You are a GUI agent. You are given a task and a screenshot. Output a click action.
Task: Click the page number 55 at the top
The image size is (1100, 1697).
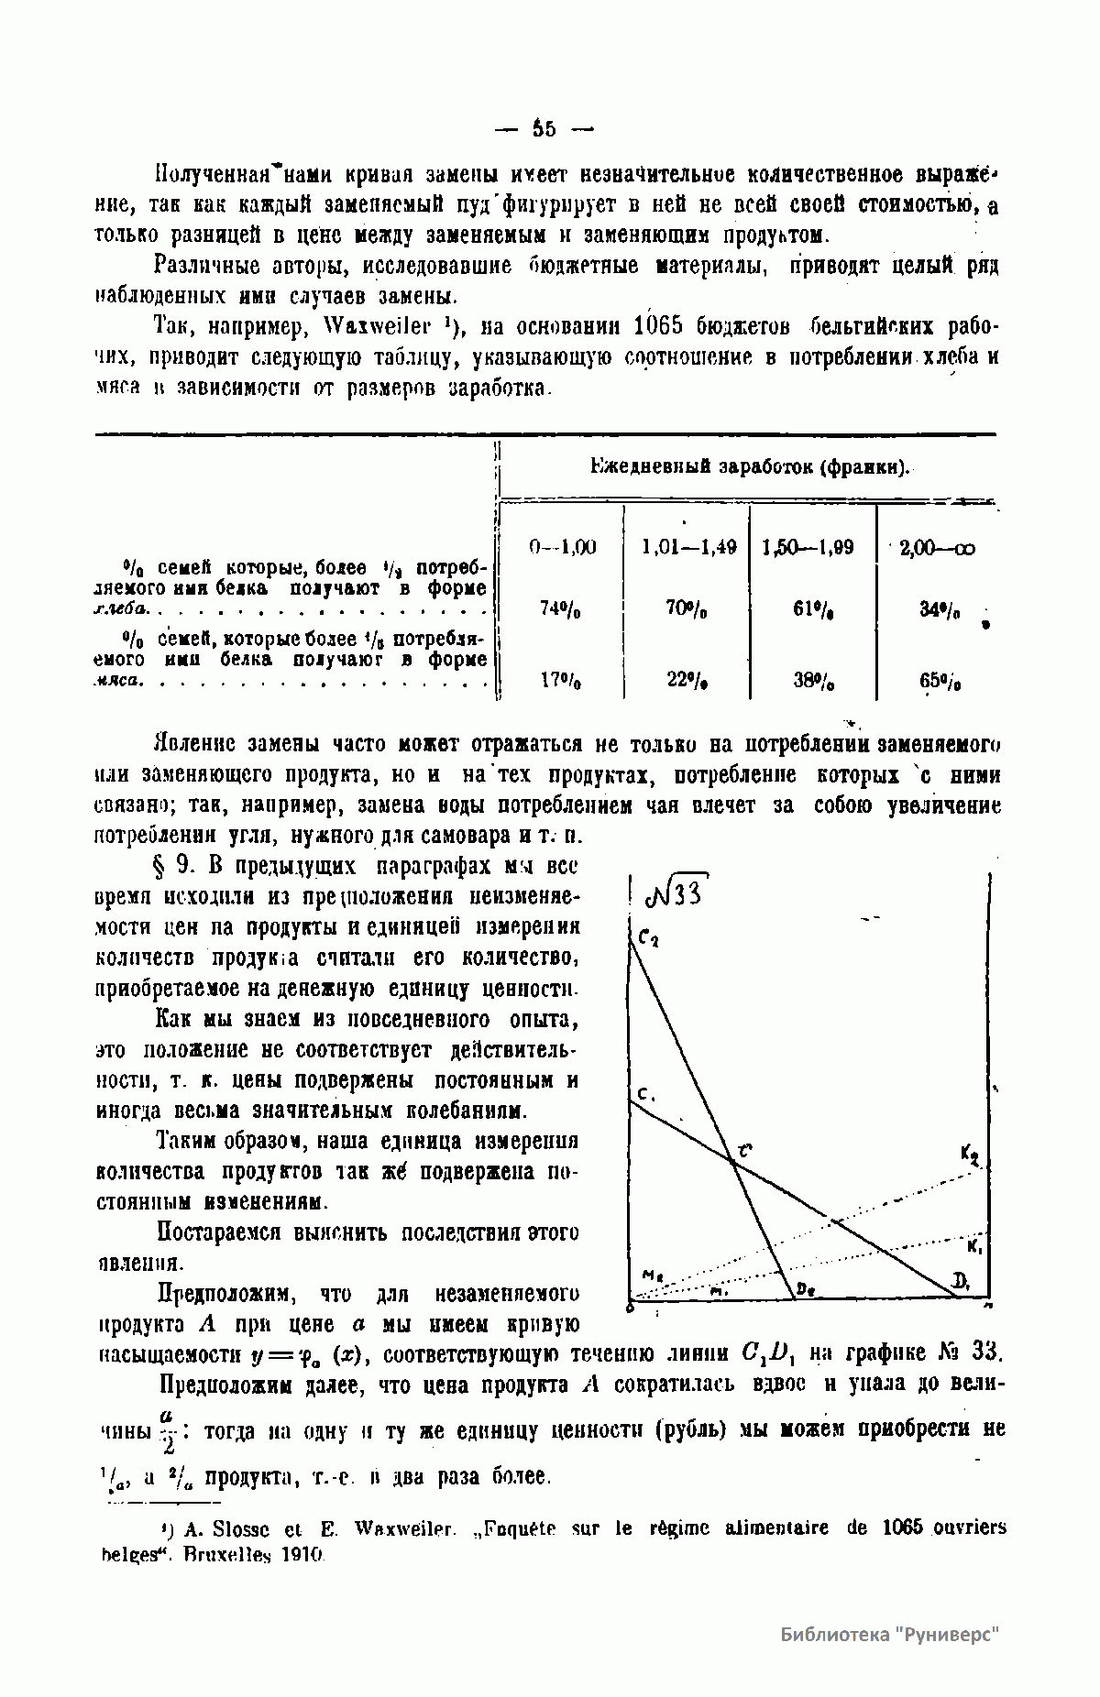(x=544, y=129)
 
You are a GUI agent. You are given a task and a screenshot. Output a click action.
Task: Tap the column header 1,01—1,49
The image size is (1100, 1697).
(x=689, y=547)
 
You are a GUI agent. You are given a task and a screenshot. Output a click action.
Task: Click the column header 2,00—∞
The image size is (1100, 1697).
(x=938, y=548)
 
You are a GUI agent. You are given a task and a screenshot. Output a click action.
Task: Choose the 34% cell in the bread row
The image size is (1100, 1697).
(x=939, y=608)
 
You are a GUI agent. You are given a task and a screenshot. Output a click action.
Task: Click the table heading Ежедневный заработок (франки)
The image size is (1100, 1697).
(x=749, y=467)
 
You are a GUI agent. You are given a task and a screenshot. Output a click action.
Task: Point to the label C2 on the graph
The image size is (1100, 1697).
(x=648, y=939)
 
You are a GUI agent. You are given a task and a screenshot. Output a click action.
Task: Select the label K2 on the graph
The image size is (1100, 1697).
(x=970, y=1155)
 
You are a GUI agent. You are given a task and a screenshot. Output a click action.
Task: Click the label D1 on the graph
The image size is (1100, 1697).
(x=960, y=1282)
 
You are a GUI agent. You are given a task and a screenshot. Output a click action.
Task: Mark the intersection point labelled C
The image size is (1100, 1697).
(x=733, y=1162)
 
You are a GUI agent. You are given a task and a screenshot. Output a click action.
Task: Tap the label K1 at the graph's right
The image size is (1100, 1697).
(x=974, y=1247)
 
